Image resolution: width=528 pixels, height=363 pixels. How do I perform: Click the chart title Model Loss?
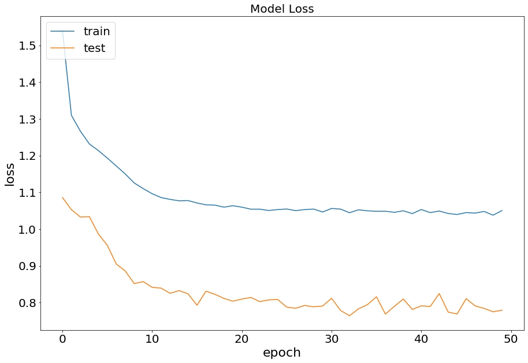click(282, 9)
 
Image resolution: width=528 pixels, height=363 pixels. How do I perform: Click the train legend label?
click(96, 31)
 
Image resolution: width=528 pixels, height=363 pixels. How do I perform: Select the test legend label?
click(94, 48)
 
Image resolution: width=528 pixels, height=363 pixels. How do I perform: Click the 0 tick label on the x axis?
click(62, 340)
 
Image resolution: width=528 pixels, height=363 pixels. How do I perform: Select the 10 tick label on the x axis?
click(152, 340)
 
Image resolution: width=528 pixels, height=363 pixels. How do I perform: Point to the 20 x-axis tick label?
click(241, 340)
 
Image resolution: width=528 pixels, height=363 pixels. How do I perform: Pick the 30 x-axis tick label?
click(332, 340)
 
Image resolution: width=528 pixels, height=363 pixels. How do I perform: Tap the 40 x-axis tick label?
click(421, 340)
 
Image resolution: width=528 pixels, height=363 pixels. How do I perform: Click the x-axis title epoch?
click(282, 353)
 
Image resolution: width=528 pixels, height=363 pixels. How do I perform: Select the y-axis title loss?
click(10, 174)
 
